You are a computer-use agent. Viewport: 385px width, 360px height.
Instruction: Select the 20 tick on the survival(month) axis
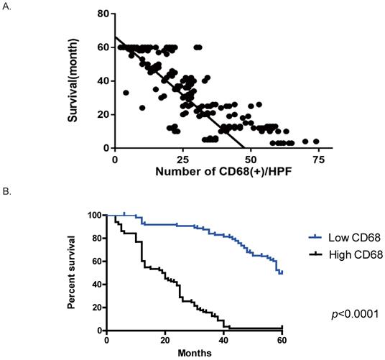tap(104, 114)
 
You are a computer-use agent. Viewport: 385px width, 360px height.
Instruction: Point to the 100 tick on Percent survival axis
tap(95, 215)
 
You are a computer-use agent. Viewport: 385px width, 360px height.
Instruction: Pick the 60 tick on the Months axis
tap(284, 340)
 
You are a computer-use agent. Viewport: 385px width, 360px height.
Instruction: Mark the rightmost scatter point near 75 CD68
tap(316, 142)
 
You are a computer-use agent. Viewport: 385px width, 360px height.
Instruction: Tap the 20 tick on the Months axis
tap(166, 340)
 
